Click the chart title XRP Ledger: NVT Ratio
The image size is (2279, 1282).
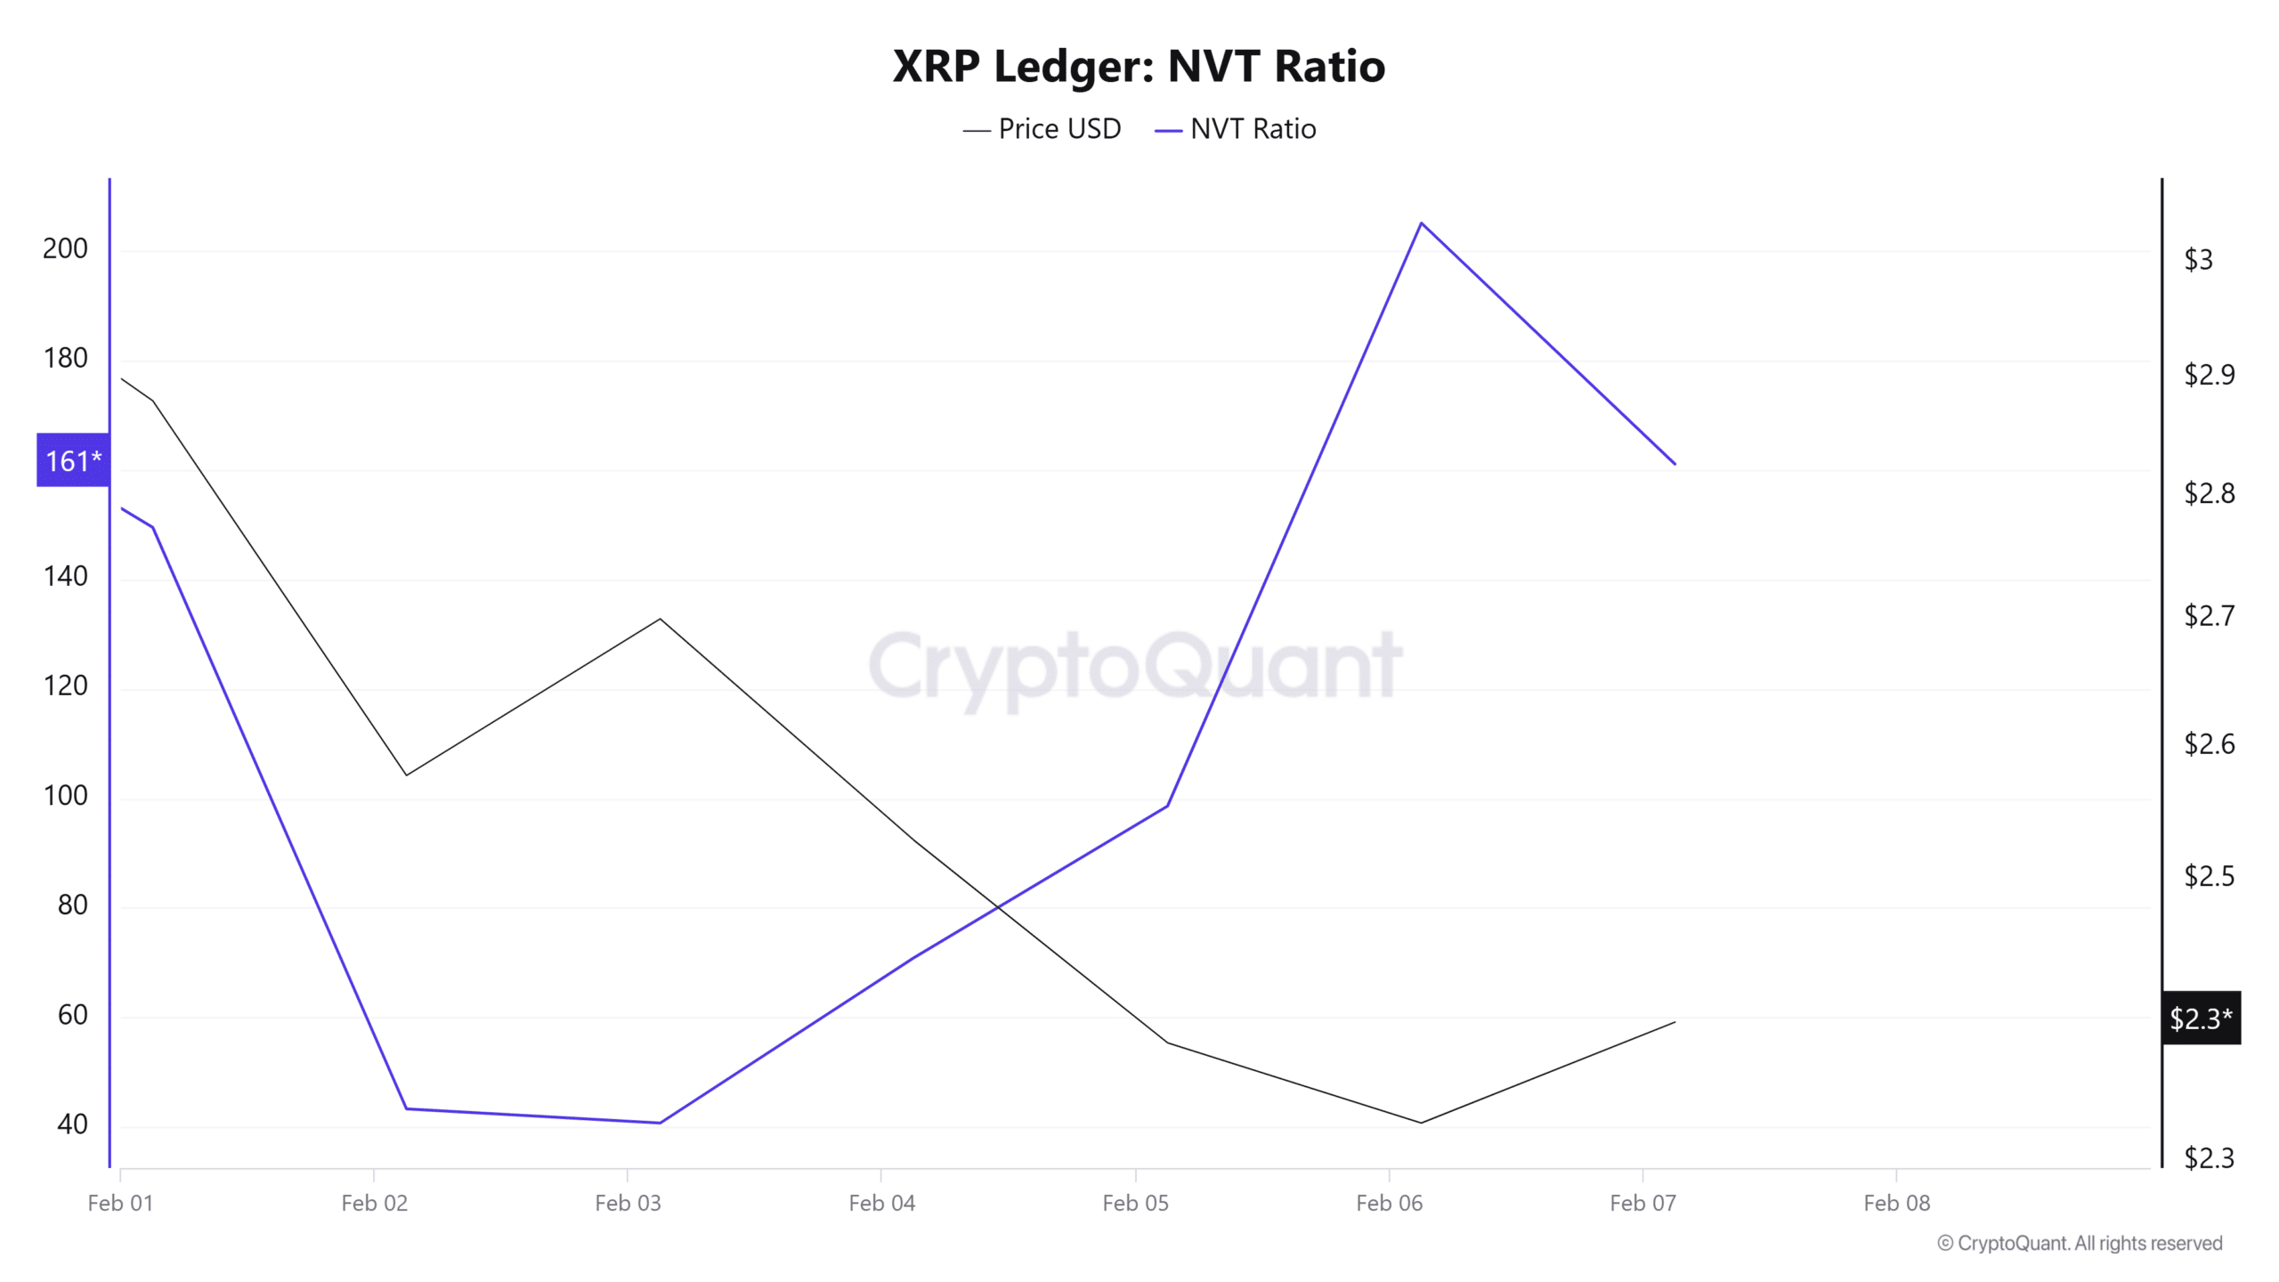point(1139,66)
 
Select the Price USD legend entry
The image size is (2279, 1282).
point(1042,129)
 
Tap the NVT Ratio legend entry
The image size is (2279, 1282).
point(1236,129)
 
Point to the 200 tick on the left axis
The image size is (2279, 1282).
point(65,248)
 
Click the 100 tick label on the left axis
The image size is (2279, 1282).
point(65,795)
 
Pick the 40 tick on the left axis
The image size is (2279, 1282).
point(72,1124)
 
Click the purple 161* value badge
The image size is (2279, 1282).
point(73,460)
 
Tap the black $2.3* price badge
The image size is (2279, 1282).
point(2201,1018)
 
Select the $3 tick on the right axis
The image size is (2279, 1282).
point(2198,259)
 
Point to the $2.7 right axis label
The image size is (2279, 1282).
point(2209,615)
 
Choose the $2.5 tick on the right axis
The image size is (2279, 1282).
point(2209,876)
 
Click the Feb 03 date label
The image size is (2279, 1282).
point(628,1203)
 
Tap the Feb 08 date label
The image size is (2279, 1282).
point(1896,1203)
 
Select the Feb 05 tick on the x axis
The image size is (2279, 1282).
point(1135,1203)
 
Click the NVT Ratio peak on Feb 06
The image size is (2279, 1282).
point(1421,223)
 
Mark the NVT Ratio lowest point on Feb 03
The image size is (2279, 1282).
point(660,1123)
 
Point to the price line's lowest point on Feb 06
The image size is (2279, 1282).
point(1421,1123)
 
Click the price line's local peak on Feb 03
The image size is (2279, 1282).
point(660,619)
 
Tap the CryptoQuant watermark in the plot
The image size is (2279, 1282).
point(1135,666)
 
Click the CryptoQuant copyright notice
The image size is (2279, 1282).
point(2080,1243)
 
